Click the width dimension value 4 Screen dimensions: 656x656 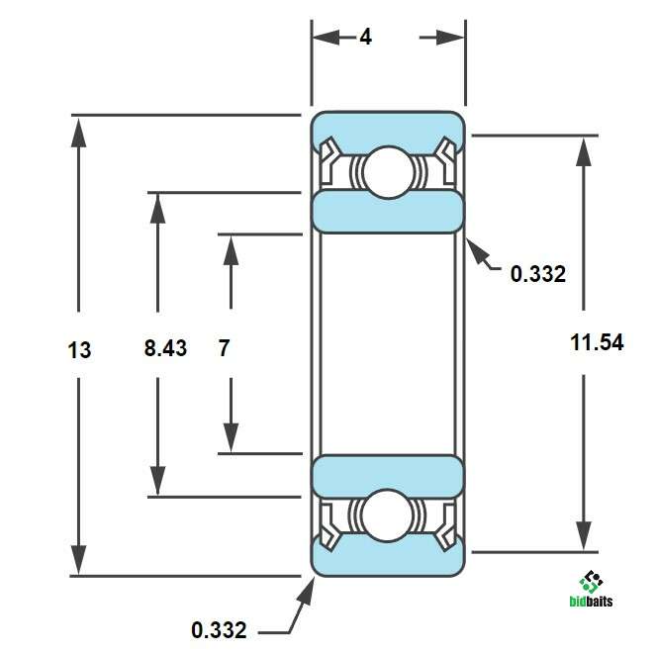coord(366,38)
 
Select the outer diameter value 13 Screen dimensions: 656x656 coord(79,349)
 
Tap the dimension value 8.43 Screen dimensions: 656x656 coord(165,348)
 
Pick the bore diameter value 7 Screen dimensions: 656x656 coord(225,348)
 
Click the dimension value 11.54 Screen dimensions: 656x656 coord(597,342)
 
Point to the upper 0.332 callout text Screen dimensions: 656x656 coord(538,274)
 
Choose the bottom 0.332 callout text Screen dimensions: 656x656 coord(219,630)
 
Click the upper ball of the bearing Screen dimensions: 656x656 coord(388,172)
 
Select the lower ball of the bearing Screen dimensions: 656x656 coord(388,515)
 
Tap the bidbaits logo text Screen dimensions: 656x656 coord(591,602)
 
